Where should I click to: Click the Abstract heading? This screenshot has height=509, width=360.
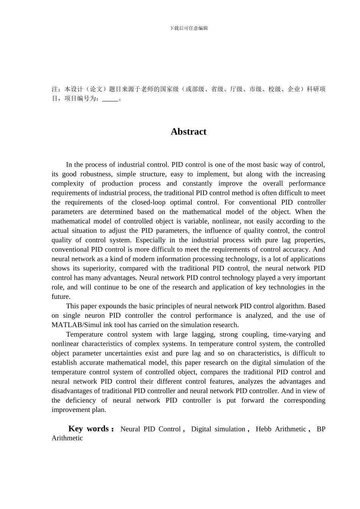(188, 132)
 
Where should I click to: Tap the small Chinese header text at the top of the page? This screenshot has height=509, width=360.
(189, 28)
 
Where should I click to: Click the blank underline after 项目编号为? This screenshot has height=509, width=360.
(110, 99)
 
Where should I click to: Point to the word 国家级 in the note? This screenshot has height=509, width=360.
(169, 89)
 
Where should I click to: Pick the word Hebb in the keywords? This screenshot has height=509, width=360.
(263, 429)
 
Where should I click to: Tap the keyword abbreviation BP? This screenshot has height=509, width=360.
(321, 429)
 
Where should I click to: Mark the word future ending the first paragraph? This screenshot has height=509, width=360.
(61, 297)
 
